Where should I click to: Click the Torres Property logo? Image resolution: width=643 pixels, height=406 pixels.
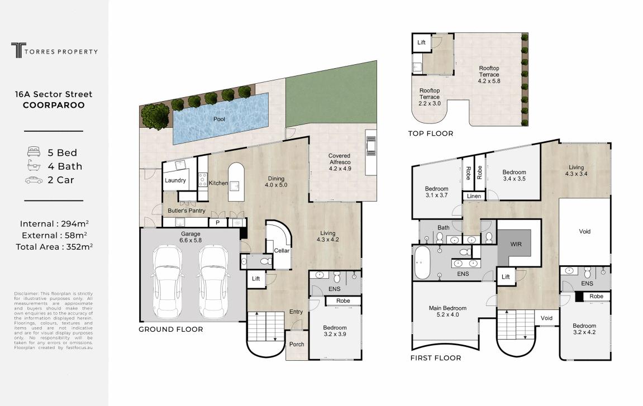(x=55, y=50)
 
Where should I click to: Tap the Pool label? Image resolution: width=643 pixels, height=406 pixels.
(x=219, y=119)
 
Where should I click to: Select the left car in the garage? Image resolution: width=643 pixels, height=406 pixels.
(x=167, y=283)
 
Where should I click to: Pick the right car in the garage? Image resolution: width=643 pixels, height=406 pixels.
(x=213, y=283)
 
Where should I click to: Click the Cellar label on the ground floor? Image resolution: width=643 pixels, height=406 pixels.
(x=282, y=251)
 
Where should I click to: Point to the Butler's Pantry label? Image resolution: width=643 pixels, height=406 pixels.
(x=186, y=211)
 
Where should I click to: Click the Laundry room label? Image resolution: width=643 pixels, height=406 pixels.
(x=175, y=180)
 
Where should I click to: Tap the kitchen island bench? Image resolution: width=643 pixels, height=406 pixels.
(x=236, y=181)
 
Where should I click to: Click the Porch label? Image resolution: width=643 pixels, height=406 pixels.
(x=297, y=344)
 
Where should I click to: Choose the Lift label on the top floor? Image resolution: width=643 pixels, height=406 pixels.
(x=421, y=42)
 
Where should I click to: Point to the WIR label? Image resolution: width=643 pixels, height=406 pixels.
(x=516, y=244)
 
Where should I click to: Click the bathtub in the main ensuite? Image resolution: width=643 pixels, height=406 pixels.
(x=421, y=262)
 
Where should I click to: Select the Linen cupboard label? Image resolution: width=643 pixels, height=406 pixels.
(x=474, y=196)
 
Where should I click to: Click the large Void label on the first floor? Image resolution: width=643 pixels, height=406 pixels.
(x=584, y=231)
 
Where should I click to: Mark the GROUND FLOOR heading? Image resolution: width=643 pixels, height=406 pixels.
(x=170, y=329)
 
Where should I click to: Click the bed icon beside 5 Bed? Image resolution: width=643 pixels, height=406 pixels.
(x=34, y=152)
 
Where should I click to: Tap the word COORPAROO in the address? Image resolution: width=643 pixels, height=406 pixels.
(x=54, y=105)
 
